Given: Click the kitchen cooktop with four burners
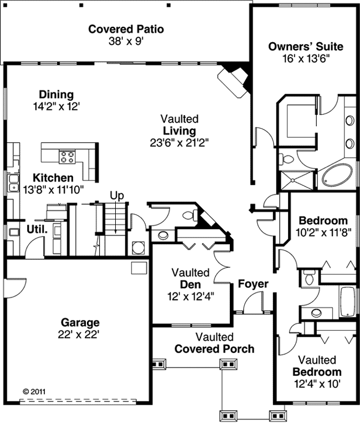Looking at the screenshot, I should tap(68, 157).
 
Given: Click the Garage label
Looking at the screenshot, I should tap(80, 322).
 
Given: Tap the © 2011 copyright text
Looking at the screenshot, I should tap(34, 390).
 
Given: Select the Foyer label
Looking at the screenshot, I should tap(253, 284).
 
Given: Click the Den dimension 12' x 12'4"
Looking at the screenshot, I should tap(190, 296).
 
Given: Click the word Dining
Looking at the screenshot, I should tap(56, 95).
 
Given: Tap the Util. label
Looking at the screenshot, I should tap(37, 229).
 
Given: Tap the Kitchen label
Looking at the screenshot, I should tap(53, 178).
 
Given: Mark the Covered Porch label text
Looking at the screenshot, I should tap(214, 349).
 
